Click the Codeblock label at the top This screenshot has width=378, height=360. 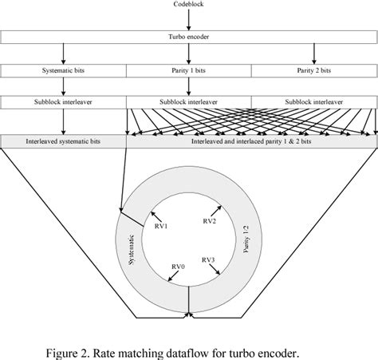189,6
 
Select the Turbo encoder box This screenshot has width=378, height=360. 189,38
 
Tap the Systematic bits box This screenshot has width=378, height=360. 64,71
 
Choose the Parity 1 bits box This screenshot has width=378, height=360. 189,71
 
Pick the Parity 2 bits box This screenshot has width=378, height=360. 314,71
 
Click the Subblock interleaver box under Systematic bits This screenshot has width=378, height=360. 64,103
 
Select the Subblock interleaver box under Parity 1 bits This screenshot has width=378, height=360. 189,103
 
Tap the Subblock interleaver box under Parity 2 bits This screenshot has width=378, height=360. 314,103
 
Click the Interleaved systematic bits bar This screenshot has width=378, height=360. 64,140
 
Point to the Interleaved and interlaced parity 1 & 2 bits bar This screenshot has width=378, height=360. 252,140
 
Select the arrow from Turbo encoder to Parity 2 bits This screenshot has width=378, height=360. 314,54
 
